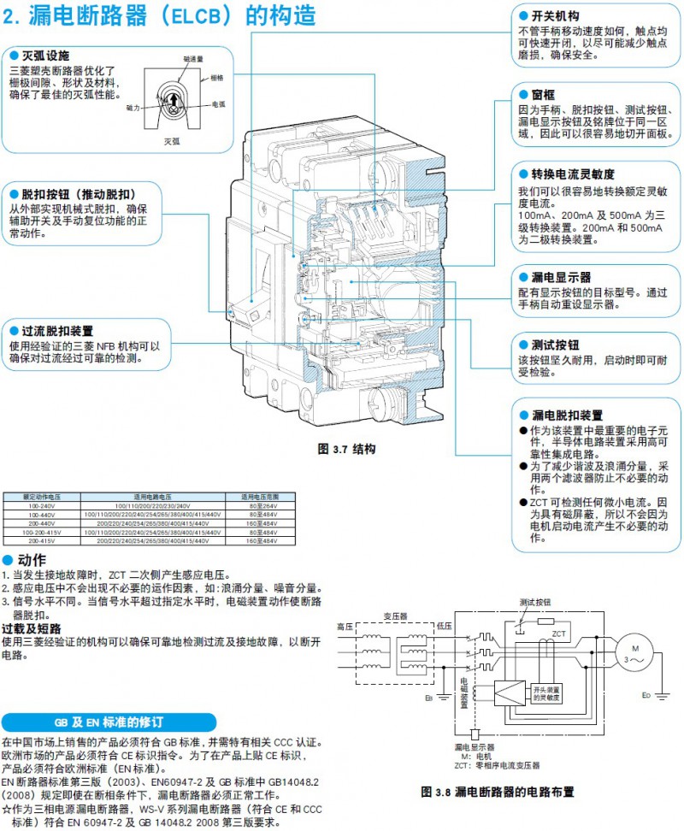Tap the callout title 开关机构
[555, 16]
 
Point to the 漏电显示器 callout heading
[561, 278]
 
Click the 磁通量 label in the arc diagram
[192, 60]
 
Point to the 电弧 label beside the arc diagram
[219, 103]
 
